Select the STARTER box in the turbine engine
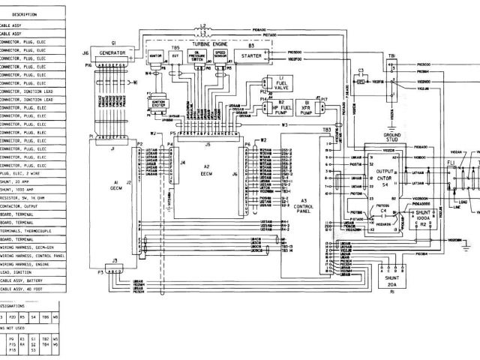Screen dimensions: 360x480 tap(252, 55)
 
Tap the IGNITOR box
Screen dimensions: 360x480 tap(156, 55)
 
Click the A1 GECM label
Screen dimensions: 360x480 tap(115, 184)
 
